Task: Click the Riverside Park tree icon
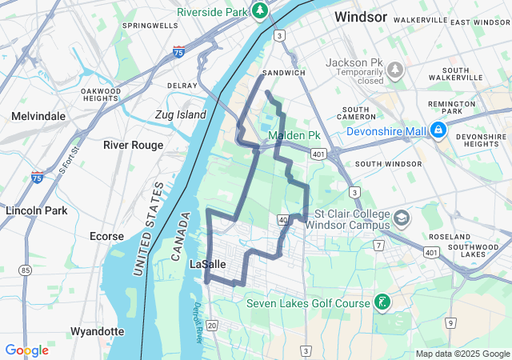coord(259,10)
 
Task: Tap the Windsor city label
coord(361,17)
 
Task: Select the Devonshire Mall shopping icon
coord(438,129)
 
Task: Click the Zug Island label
coord(180,114)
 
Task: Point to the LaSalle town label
coord(208,263)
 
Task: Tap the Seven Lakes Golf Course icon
coord(383,302)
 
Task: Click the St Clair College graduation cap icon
coord(401,217)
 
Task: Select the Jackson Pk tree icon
coord(394,70)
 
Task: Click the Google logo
coord(26,350)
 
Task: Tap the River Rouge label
coord(133,145)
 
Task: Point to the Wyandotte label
coord(98,331)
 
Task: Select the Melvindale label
coord(38,116)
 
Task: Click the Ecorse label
coord(106,236)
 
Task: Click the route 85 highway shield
coord(26,270)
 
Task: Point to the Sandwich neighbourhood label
coord(284,73)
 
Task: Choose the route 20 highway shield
coord(211,324)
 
